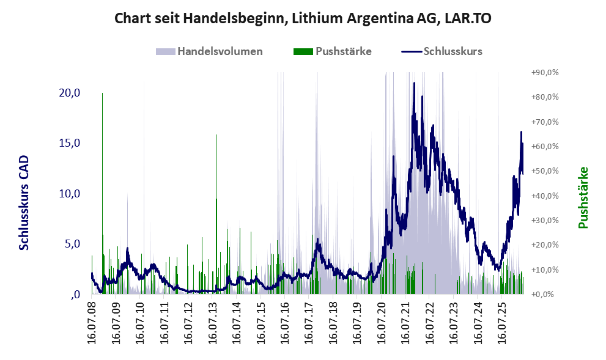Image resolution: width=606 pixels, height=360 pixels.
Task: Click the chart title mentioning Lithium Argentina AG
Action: (303, 18)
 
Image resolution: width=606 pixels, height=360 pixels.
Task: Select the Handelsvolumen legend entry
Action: (209, 51)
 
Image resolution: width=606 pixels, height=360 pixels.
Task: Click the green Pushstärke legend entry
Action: (333, 51)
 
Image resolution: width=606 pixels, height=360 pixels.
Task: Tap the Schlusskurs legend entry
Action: (442, 51)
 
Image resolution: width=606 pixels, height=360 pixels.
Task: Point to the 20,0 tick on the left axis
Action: (70, 93)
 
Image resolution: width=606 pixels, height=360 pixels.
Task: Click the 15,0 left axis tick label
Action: (70, 143)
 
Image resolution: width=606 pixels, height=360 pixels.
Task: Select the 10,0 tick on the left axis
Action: (70, 194)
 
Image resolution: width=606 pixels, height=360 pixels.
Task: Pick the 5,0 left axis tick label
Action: (72, 244)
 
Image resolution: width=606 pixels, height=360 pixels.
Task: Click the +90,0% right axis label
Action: (545, 73)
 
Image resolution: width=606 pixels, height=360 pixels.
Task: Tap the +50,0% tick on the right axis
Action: (545, 171)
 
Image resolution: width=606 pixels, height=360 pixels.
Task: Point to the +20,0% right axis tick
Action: (545, 245)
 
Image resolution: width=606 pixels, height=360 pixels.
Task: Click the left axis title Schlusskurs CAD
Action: (24, 203)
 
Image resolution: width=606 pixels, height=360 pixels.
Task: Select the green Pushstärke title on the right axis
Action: (583, 197)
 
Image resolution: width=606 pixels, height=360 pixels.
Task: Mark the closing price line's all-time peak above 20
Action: (415, 83)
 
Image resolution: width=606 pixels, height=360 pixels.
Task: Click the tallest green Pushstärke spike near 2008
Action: (102, 193)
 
